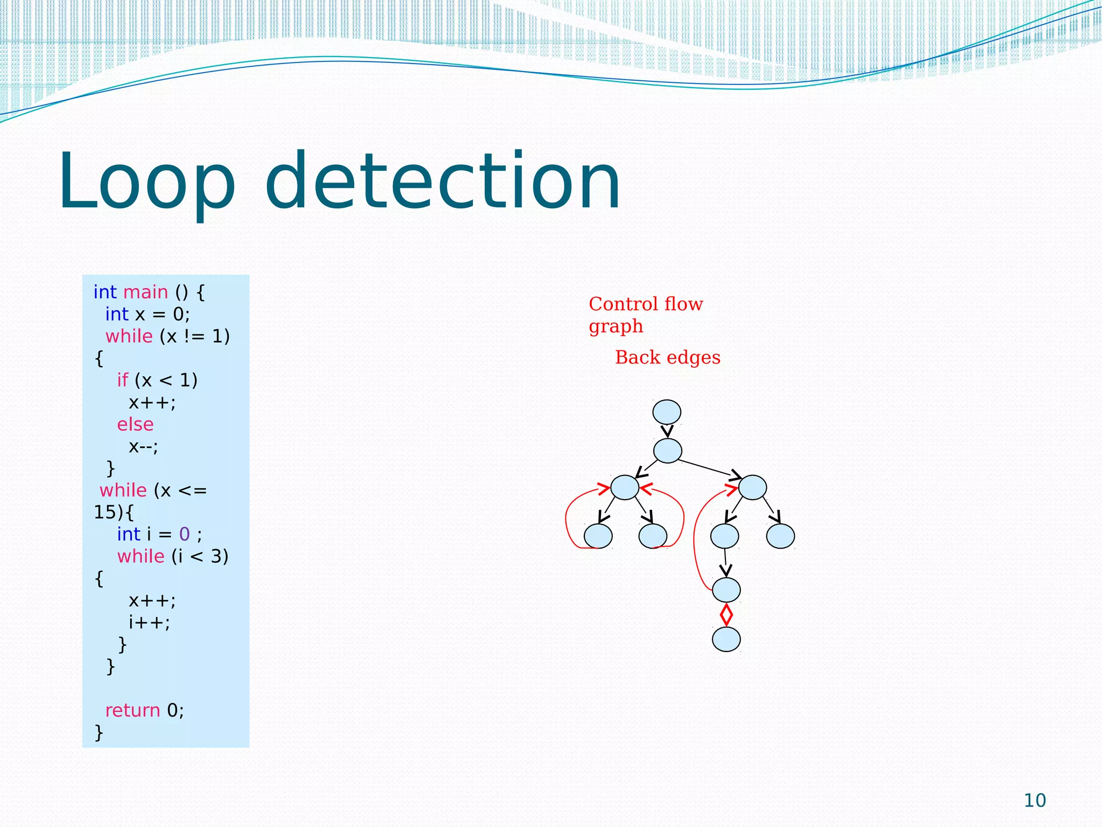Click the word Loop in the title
pyautogui.click(x=146, y=182)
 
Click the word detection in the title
pyautogui.click(x=442, y=182)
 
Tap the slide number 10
pyautogui.click(x=1034, y=801)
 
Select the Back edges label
pyautogui.click(x=667, y=358)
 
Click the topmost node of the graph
pyautogui.click(x=667, y=412)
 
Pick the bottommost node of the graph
pyautogui.click(x=726, y=640)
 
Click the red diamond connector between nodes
pyautogui.click(x=726, y=615)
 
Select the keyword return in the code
pyautogui.click(x=132, y=710)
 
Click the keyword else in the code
pyautogui.click(x=135, y=424)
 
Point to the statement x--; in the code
pyautogui.click(x=143, y=446)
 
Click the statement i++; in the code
pyautogui.click(x=149, y=622)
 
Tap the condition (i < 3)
pyautogui.click(x=200, y=556)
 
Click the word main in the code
pyautogui.click(x=145, y=292)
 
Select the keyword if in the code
pyautogui.click(x=123, y=380)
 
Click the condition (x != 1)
pyautogui.click(x=195, y=336)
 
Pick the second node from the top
pyautogui.click(x=667, y=451)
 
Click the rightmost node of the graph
pyautogui.click(x=780, y=536)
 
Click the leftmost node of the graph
pyautogui.click(x=598, y=536)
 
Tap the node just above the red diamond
pyautogui.click(x=726, y=590)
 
